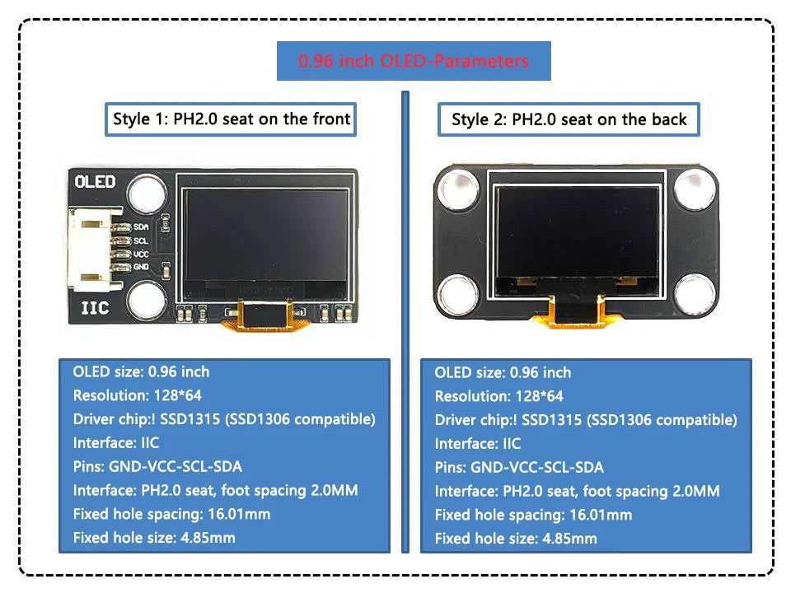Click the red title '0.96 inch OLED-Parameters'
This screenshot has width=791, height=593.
(x=413, y=61)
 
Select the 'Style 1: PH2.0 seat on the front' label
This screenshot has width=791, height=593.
(x=232, y=119)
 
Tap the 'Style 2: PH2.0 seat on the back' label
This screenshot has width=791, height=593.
(x=569, y=119)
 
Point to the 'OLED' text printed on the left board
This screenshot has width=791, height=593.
(x=95, y=182)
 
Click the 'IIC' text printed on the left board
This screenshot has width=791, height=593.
(x=96, y=311)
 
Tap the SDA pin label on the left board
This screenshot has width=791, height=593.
(x=141, y=226)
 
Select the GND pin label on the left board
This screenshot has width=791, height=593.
(x=141, y=267)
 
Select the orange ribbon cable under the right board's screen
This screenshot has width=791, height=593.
(x=576, y=311)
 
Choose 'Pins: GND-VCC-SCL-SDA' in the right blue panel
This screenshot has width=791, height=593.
(x=519, y=467)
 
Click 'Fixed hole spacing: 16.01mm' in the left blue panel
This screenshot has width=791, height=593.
(x=171, y=514)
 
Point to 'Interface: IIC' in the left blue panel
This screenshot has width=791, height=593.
(x=116, y=443)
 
